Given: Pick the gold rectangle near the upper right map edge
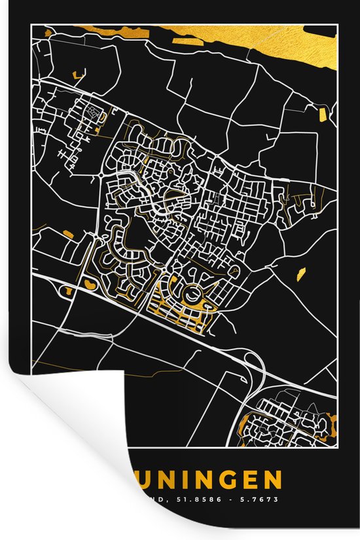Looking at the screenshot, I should [x=322, y=115].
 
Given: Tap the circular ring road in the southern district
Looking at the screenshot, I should [x=194, y=295].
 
